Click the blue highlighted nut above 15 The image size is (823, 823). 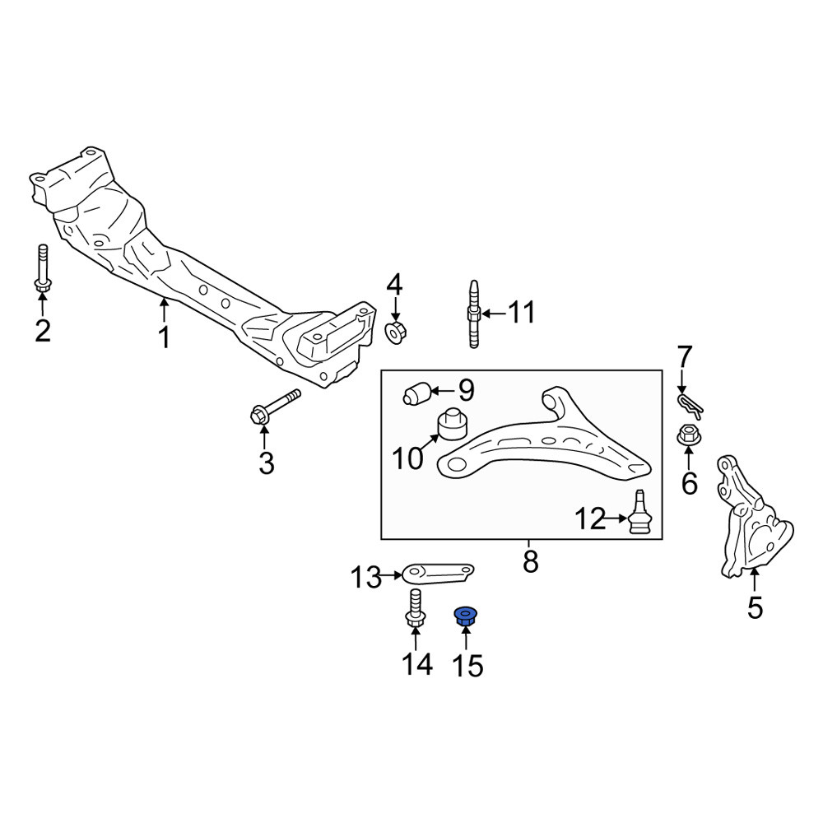pos(465,616)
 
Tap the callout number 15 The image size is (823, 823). pos(467,666)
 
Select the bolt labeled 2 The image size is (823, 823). pos(43,268)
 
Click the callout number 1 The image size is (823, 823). pos(165,337)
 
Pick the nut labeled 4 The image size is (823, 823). pos(397,332)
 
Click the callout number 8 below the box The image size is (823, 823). pos(530,562)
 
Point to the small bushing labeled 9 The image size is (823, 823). pos(416,394)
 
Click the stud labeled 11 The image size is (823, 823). pos(473,314)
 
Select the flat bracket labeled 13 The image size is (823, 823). pos(437,574)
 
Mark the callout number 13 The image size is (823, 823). pos(366,578)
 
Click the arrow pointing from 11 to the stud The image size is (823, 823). pos(494,314)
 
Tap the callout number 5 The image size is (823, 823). pos(755,609)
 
